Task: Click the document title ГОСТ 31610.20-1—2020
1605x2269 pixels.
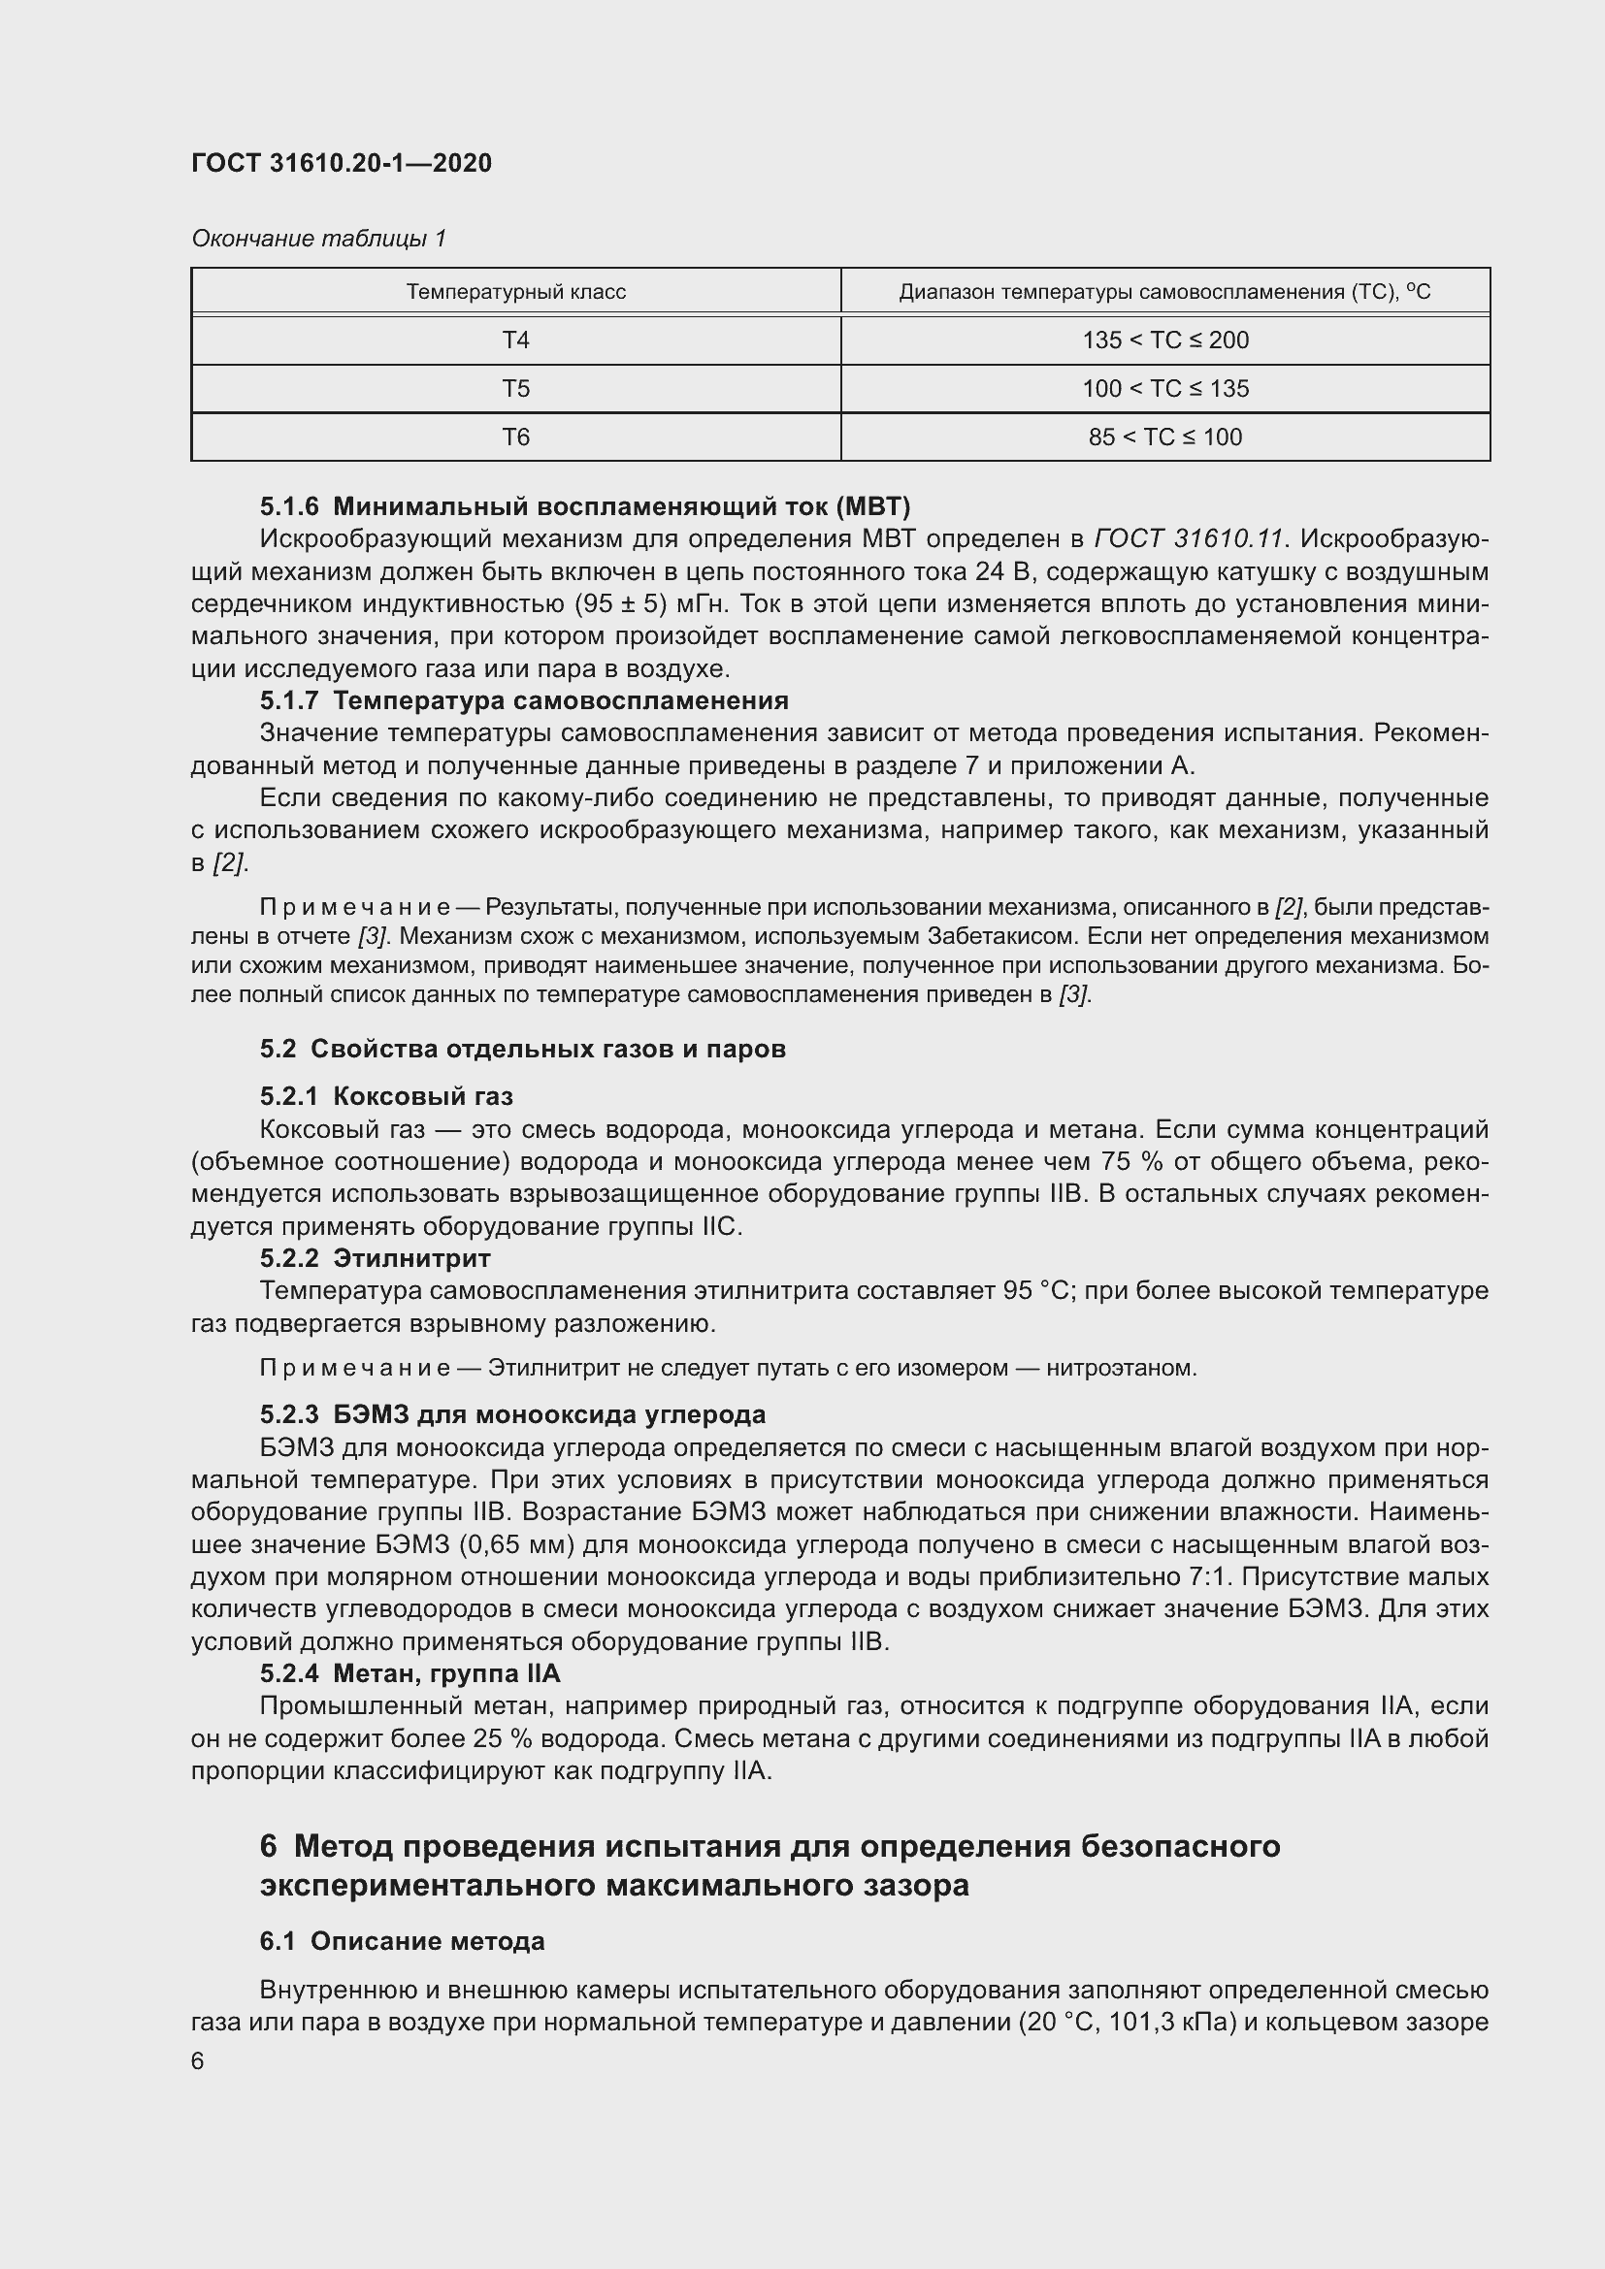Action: [x=341, y=163]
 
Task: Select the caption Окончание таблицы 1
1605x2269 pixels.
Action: [x=318, y=239]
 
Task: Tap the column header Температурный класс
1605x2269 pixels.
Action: [x=515, y=292]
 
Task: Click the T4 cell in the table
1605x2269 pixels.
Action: [x=515, y=340]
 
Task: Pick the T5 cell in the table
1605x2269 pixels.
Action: [x=515, y=388]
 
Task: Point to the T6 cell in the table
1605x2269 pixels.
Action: [x=515, y=437]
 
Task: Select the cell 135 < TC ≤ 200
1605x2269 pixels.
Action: [x=1164, y=340]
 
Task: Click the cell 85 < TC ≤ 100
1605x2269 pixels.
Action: [x=1164, y=437]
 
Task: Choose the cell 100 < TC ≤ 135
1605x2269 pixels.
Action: [x=1164, y=388]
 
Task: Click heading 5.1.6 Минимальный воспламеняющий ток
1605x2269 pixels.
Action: [x=584, y=507]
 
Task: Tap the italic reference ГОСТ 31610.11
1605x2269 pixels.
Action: [x=1188, y=538]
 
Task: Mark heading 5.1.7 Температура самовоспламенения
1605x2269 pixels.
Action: [x=524, y=700]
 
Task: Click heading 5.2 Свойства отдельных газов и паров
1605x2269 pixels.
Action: [x=523, y=1049]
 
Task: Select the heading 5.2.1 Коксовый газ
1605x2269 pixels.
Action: [x=386, y=1096]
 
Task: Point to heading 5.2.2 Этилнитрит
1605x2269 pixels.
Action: [x=375, y=1258]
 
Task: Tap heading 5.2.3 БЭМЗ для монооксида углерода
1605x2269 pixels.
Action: [x=512, y=1414]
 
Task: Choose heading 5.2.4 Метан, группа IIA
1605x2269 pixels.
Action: [x=409, y=1673]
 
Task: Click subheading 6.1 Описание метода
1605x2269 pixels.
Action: [x=403, y=1941]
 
